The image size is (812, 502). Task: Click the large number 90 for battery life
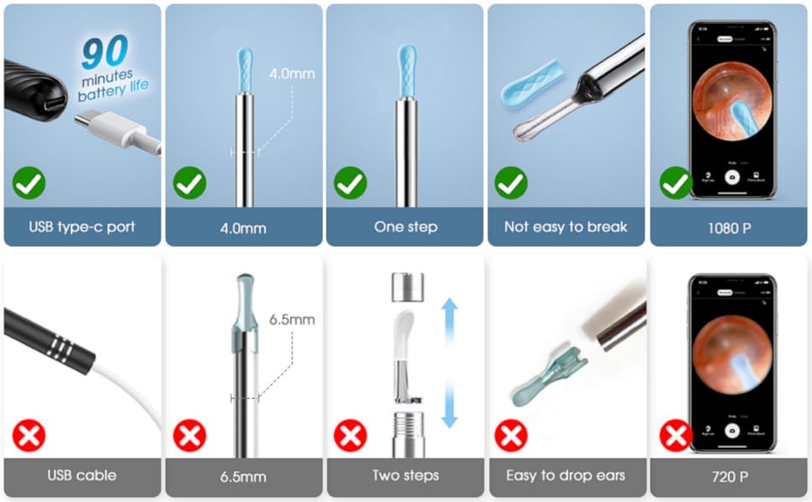coord(105,54)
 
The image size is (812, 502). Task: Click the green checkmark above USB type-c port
coord(29,183)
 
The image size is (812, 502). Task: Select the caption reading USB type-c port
coord(82,227)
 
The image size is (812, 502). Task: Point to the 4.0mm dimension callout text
coord(291,74)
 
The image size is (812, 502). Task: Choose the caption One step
coord(405,227)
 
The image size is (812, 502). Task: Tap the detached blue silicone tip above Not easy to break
coord(531,89)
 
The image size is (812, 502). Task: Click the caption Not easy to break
coord(566,227)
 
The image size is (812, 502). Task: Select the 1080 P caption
coord(728,227)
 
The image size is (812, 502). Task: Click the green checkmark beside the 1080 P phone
coord(675,183)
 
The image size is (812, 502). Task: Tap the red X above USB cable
coord(29,435)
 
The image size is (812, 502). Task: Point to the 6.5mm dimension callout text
coord(292,320)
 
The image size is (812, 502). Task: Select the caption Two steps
coord(405,475)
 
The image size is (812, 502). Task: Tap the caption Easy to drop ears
coord(566,475)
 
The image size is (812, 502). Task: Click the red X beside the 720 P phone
coord(675,435)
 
